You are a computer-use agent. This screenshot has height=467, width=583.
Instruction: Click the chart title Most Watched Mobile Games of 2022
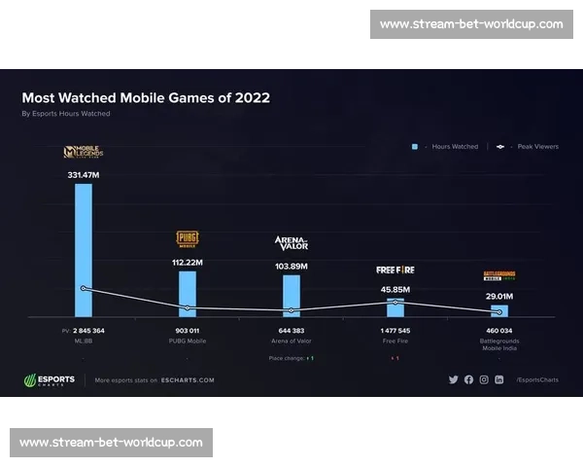pyautogui.click(x=146, y=98)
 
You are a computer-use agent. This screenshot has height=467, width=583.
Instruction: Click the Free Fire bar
pyautogui.click(x=395, y=306)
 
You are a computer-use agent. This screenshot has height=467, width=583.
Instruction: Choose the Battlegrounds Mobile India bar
pyautogui.click(x=499, y=310)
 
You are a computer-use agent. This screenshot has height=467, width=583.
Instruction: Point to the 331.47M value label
pyautogui.click(x=84, y=173)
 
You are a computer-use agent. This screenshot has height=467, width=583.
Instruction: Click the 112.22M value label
pyautogui.click(x=188, y=263)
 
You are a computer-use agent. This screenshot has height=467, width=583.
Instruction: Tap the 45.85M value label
pyautogui.click(x=395, y=289)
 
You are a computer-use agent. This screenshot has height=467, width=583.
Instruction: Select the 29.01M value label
pyautogui.click(x=499, y=296)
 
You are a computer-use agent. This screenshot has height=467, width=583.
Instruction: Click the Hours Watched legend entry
pyautogui.click(x=448, y=147)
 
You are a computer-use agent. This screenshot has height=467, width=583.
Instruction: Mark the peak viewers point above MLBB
pyautogui.click(x=84, y=288)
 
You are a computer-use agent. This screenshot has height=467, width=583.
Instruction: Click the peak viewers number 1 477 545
pyautogui.click(x=395, y=331)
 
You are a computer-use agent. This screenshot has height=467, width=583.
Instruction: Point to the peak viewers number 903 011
pyautogui.click(x=188, y=331)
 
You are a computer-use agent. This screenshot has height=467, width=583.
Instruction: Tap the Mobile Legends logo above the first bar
pyautogui.click(x=84, y=152)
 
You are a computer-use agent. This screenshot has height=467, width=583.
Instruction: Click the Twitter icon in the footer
pyautogui.click(x=453, y=379)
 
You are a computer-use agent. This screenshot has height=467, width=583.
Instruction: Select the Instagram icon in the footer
pyautogui.click(x=484, y=379)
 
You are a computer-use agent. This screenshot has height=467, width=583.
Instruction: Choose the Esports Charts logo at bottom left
pyautogui.click(x=49, y=380)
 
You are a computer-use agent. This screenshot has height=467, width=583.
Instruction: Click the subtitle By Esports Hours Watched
pyautogui.click(x=66, y=114)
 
